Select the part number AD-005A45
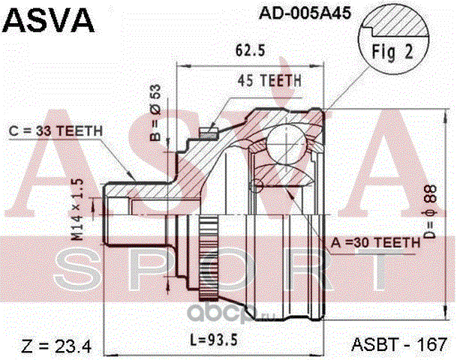(x=305, y=13)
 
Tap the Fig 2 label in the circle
(x=392, y=52)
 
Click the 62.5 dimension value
(x=251, y=50)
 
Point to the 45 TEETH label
(x=269, y=80)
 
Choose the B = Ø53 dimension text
(x=155, y=112)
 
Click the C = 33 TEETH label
(x=56, y=131)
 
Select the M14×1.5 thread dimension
(x=77, y=210)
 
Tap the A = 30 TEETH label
(x=375, y=242)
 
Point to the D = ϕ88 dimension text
(x=430, y=211)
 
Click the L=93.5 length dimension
(x=214, y=340)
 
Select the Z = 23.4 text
(x=56, y=346)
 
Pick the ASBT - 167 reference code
(x=399, y=344)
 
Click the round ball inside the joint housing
(x=287, y=142)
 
